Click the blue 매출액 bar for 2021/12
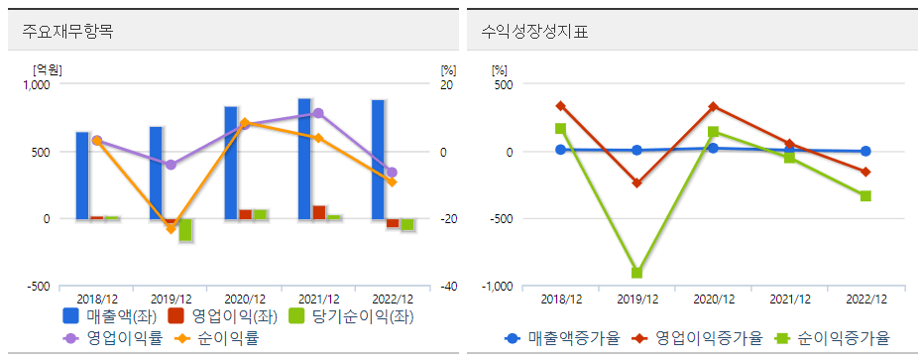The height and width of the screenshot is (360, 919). click(304, 159)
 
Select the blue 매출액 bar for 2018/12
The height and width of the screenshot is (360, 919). click(82, 176)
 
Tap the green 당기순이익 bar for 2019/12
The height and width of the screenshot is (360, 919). click(185, 230)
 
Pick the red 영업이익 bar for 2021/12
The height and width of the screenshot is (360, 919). click(319, 212)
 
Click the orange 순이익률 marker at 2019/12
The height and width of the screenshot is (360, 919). click(171, 229)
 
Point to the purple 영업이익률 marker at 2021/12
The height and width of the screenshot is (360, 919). click(318, 113)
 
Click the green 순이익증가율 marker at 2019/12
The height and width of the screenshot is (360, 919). click(637, 273)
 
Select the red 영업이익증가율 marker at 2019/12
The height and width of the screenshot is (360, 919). click(637, 183)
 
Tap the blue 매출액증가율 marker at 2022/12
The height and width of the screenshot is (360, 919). click(865, 152)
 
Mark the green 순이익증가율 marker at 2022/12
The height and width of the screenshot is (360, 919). click(865, 196)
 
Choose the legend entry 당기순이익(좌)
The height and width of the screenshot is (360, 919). click(348, 316)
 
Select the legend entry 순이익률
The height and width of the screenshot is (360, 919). click(224, 338)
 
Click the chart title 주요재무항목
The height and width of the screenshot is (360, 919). click(67, 31)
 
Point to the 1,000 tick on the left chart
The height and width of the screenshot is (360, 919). click(36, 85)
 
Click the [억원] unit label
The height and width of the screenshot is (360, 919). click(48, 69)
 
